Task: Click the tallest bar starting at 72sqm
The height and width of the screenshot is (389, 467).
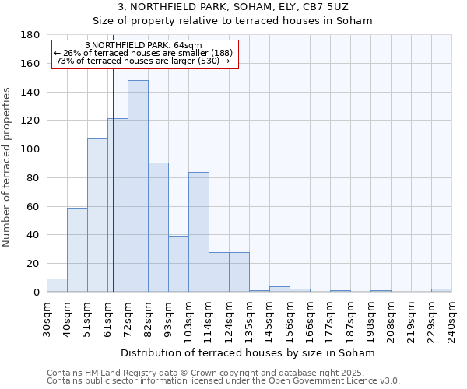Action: [138, 187]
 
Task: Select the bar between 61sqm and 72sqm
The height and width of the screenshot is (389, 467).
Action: [118, 205]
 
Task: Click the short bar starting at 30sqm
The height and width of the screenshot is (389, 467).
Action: [57, 286]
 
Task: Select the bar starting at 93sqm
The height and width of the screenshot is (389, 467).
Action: [178, 264]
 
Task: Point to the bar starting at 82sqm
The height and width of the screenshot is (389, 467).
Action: [158, 227]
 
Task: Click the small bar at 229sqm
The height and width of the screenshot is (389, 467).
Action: [441, 290]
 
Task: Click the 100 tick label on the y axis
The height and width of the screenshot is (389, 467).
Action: [32, 149]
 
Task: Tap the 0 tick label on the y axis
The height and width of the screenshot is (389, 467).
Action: [37, 293]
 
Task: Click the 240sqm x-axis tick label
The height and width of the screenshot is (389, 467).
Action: [451, 318]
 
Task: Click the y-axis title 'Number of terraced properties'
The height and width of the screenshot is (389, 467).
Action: [8, 167]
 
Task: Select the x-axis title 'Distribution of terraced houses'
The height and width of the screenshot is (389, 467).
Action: [248, 352]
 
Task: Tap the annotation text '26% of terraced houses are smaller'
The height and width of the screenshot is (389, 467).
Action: [143, 52]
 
